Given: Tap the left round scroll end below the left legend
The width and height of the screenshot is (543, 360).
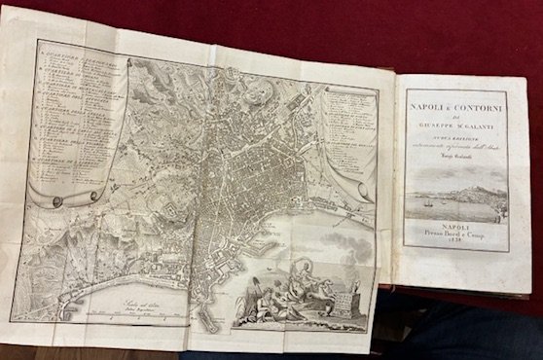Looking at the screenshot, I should pyautogui.click(x=55, y=201).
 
